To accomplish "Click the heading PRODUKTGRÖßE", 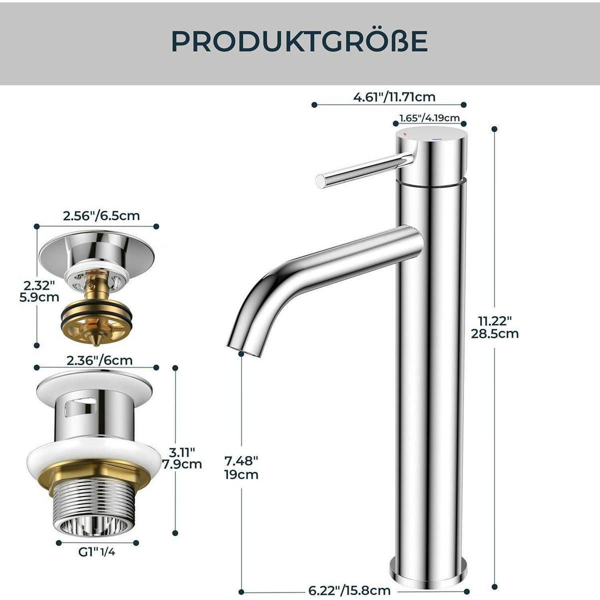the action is (x=299, y=41).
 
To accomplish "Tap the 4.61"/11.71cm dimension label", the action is (x=394, y=97).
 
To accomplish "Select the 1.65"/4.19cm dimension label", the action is (x=429, y=118).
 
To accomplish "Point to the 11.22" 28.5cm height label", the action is (x=495, y=326).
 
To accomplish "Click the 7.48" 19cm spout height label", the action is (x=241, y=467).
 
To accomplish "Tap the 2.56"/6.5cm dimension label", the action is (x=101, y=216).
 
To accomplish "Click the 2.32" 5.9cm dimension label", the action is (x=39, y=291).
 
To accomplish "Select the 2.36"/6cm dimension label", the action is (x=99, y=360).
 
